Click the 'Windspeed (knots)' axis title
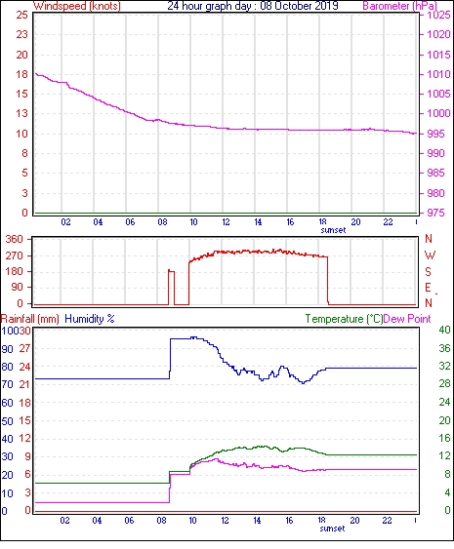pos(77,6)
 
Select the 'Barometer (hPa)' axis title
pos(399,6)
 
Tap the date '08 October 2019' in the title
pos(299,6)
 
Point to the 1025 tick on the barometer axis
pos(438,15)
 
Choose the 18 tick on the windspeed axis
pos(21,74)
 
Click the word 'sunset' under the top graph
pos(333,230)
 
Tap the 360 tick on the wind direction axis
pos(15,240)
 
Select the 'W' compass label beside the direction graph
pos(430,255)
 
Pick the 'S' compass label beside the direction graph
pos(428,271)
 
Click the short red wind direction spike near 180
pos(172,287)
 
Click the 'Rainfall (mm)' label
pos(30,319)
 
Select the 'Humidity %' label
pos(90,319)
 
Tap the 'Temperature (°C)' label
pos(344,319)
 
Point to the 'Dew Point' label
pos(407,319)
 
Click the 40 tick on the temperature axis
pos(444,330)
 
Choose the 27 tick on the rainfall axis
pos(24,349)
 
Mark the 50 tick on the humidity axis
pos(8,421)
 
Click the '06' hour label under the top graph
pos(130,222)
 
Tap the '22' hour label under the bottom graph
pos(387,521)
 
